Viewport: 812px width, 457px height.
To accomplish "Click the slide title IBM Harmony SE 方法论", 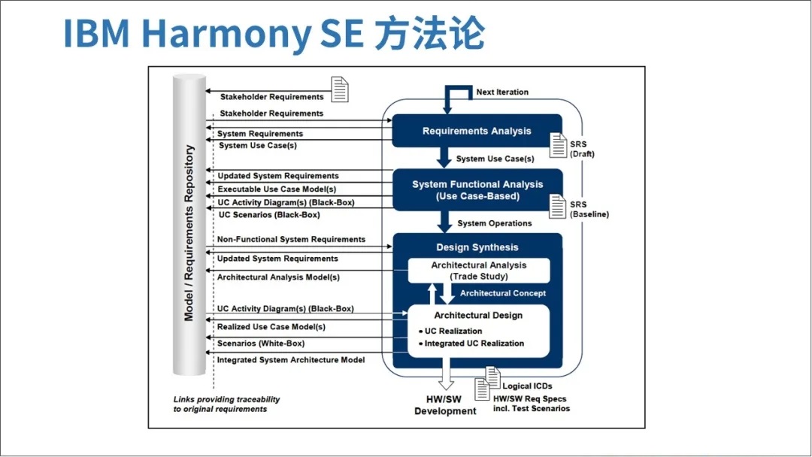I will coord(274,33).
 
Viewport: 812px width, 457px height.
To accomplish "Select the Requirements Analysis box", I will coord(477,131).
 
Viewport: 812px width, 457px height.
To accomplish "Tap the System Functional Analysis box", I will coord(477,190).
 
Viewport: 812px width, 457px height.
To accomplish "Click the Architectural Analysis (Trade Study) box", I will coord(479,271).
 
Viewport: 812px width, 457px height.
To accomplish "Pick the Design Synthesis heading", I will coord(477,247).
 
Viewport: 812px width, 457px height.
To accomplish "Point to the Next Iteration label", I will coord(502,92).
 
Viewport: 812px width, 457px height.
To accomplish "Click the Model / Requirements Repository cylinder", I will coord(189,225).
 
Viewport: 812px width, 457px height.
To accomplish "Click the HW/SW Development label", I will coord(445,406).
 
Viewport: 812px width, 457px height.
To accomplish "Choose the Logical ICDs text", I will coord(527,386).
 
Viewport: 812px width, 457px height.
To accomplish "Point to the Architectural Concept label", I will coord(503,293).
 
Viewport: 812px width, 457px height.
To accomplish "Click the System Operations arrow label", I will coord(494,223).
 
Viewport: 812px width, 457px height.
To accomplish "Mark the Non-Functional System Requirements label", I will coord(291,240).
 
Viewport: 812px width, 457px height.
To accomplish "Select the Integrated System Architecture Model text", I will coord(291,360).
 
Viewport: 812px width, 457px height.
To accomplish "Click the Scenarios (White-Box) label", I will coord(261,344).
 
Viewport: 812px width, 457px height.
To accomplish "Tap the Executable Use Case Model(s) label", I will coord(277,189).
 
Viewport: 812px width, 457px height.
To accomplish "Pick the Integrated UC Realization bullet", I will coord(474,344).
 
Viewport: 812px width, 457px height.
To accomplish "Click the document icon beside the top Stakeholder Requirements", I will coord(340,89).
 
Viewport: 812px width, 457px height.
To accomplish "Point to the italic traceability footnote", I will coord(226,404).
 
